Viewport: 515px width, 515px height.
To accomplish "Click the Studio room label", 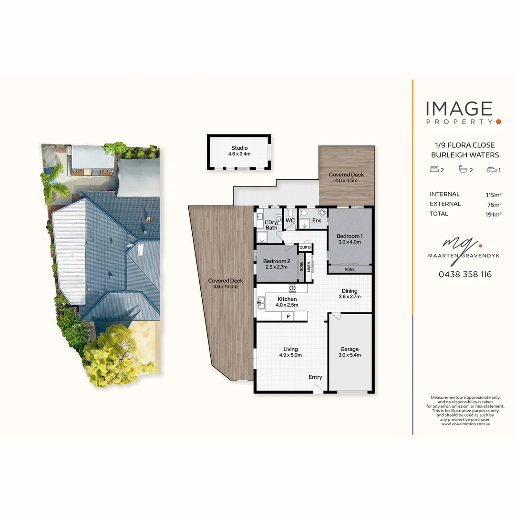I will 239,148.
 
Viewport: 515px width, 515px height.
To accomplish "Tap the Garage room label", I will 350,349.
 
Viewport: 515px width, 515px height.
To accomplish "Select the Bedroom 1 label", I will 350,236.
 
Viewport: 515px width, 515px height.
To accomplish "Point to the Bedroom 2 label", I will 277,261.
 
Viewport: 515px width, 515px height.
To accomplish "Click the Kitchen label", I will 287,299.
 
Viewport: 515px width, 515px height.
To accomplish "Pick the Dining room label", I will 350,291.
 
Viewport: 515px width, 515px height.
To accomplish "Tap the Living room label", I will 290,349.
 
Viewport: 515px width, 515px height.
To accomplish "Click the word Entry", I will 315,377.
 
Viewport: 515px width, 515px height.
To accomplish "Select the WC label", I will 290,221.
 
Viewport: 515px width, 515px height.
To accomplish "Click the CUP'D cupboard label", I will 305,247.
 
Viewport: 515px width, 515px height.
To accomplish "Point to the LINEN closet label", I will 309,267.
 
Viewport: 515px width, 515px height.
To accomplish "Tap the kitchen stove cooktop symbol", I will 292,288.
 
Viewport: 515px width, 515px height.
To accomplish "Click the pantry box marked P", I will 288,316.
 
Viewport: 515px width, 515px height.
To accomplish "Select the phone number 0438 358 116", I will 465,274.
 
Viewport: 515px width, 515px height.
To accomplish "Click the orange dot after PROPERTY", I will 499,122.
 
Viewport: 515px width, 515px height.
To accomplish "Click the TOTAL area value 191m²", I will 493,215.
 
